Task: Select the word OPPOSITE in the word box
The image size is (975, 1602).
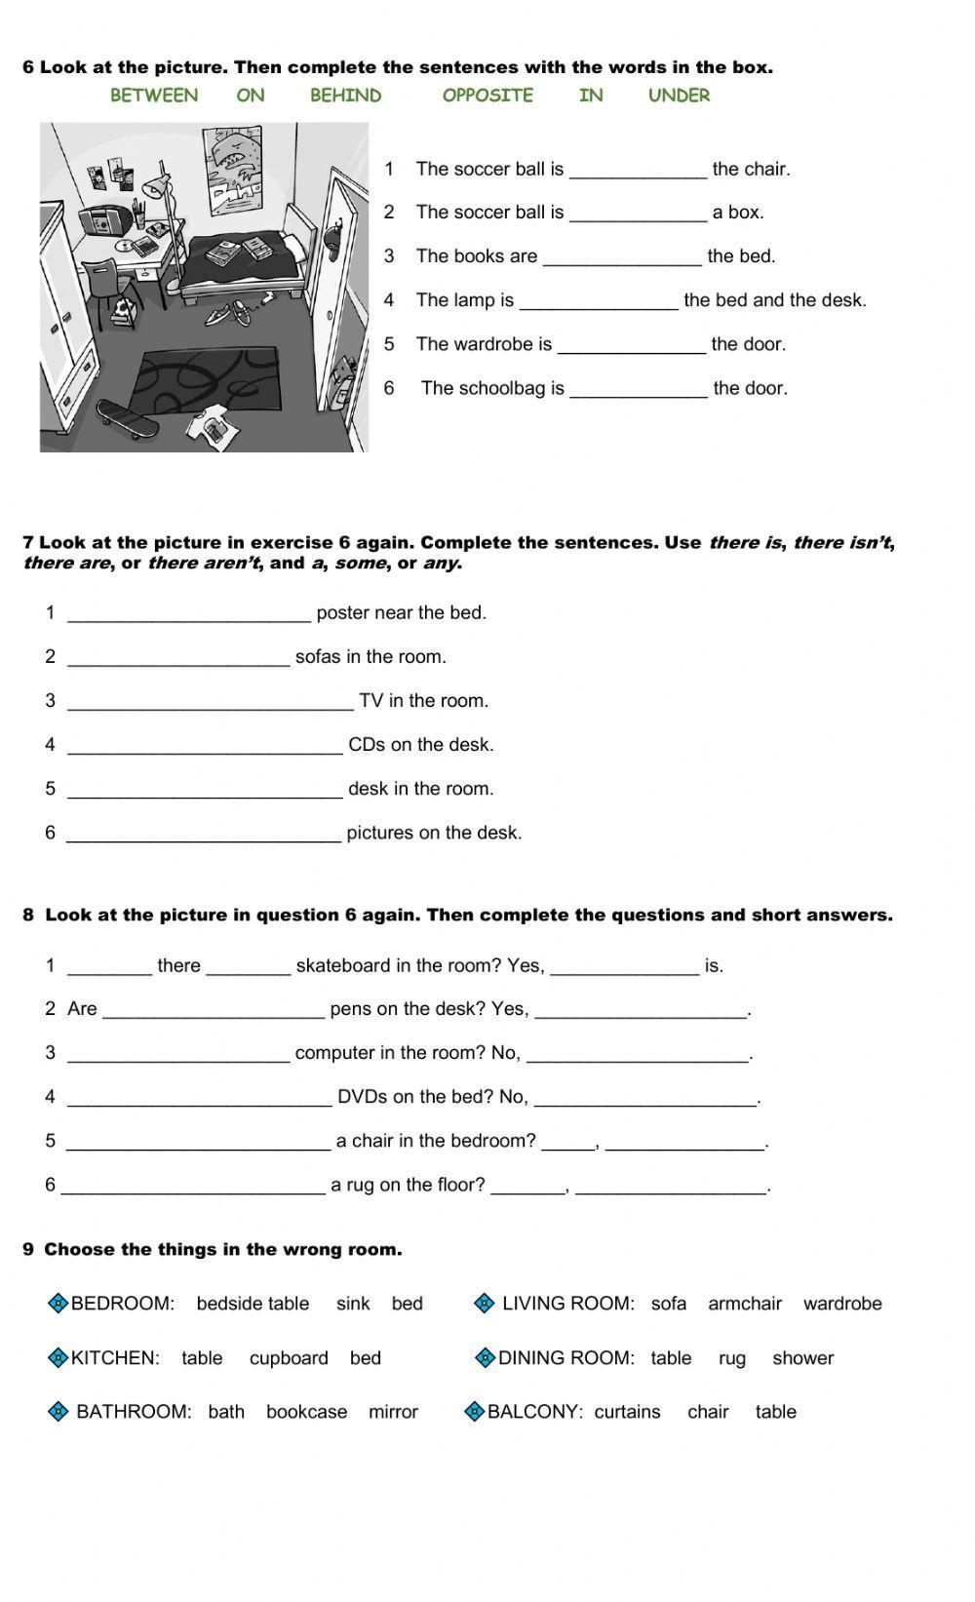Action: [x=487, y=96]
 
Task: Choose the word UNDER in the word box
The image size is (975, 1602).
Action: [x=679, y=96]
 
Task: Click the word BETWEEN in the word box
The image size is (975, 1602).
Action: [x=154, y=96]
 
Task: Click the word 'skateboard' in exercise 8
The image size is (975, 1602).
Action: [x=337, y=965]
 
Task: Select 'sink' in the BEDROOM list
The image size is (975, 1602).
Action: [x=353, y=1304]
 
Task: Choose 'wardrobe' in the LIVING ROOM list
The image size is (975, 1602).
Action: [x=842, y=1304]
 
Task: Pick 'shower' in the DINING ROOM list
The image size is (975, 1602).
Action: [x=802, y=1358]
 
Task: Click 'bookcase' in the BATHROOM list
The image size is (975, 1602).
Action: [x=306, y=1412]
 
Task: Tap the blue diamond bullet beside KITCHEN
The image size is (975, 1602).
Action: [x=58, y=1357]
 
